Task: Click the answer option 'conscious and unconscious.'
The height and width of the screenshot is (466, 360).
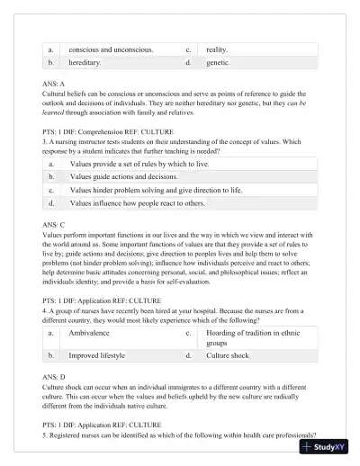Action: (111, 49)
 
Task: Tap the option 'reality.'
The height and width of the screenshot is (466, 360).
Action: (217, 49)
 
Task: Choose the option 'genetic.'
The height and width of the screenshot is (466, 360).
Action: (218, 64)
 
